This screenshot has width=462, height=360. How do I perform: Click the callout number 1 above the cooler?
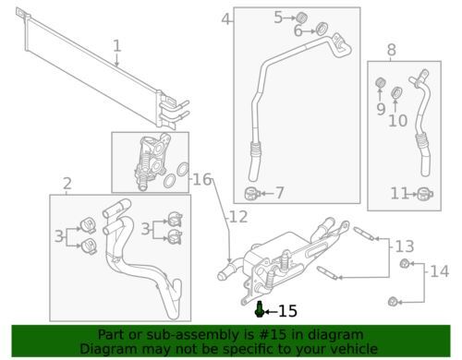pos(117,46)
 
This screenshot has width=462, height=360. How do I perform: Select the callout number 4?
pos(226,19)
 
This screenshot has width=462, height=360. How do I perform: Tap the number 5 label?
pos(278,18)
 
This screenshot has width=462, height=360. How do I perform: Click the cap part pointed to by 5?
pos(301,18)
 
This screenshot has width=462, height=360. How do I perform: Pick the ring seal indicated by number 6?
pos(322,29)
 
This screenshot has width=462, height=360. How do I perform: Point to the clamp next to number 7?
pos(252,194)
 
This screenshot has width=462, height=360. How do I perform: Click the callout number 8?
pos(391,50)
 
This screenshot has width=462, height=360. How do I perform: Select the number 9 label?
pos(381,109)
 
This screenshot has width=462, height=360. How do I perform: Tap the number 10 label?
pos(398,120)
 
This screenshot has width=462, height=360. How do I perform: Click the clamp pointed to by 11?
pos(425,194)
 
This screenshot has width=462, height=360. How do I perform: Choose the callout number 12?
pos(238,217)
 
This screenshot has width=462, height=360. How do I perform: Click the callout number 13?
pos(405,246)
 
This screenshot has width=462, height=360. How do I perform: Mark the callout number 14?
pos(439,271)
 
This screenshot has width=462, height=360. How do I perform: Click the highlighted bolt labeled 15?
pos(259,309)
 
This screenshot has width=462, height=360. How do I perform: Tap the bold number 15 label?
pos(287,311)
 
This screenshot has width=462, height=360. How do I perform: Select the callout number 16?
pos(202,179)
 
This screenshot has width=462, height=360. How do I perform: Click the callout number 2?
pos(67,184)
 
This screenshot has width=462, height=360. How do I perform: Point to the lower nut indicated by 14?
pos(393,301)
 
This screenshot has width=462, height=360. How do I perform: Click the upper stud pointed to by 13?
pos(364,234)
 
